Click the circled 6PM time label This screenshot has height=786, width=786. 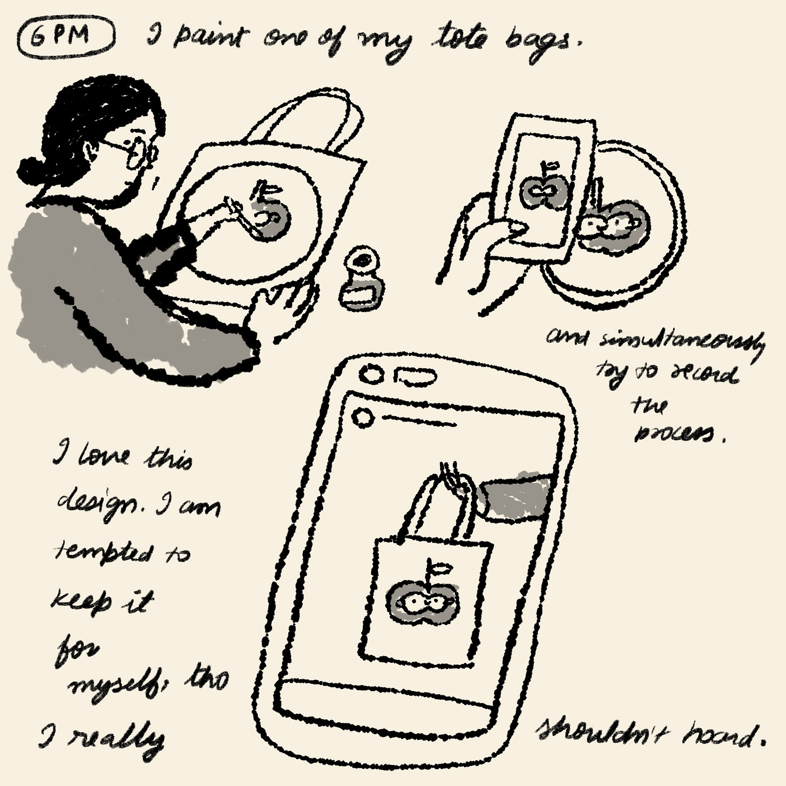pyautogui.click(x=66, y=38)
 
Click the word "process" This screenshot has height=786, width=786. pyautogui.click(x=677, y=433)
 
